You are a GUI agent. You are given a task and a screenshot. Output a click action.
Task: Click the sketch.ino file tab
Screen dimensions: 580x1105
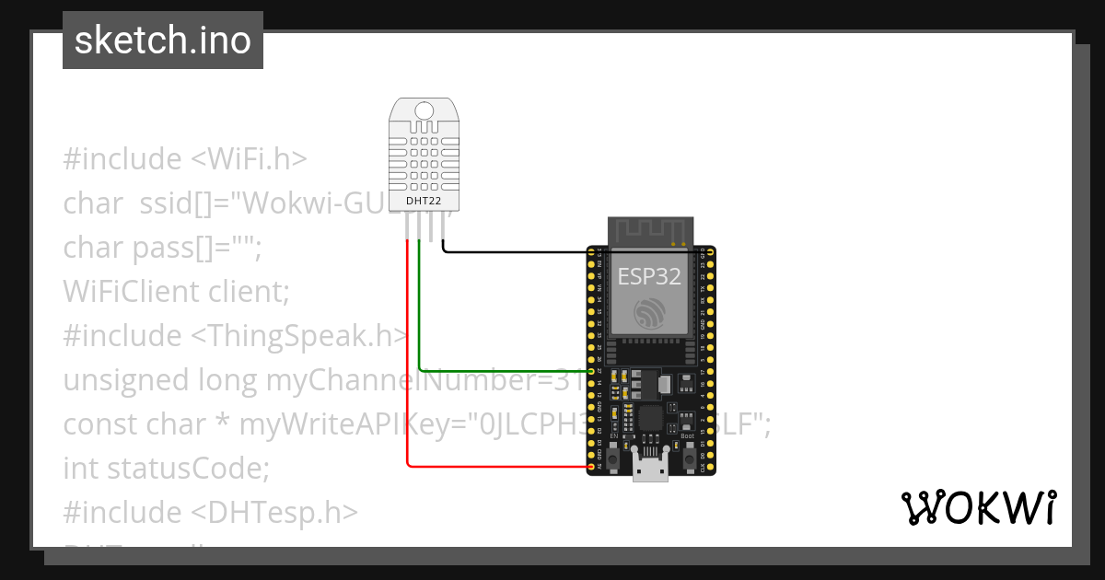(x=162, y=41)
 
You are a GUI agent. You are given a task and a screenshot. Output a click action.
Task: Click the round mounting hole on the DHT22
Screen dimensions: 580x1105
(x=425, y=111)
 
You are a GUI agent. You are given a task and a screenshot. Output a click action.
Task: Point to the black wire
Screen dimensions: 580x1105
(x=516, y=251)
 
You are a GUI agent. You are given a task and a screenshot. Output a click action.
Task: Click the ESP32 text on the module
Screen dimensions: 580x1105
(x=649, y=276)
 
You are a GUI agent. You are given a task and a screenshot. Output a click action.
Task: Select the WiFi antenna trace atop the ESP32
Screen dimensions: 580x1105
(x=650, y=230)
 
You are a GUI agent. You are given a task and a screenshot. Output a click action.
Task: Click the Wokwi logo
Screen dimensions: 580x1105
(x=978, y=509)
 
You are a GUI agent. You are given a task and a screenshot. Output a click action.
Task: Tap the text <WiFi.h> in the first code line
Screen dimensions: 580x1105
(x=249, y=159)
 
